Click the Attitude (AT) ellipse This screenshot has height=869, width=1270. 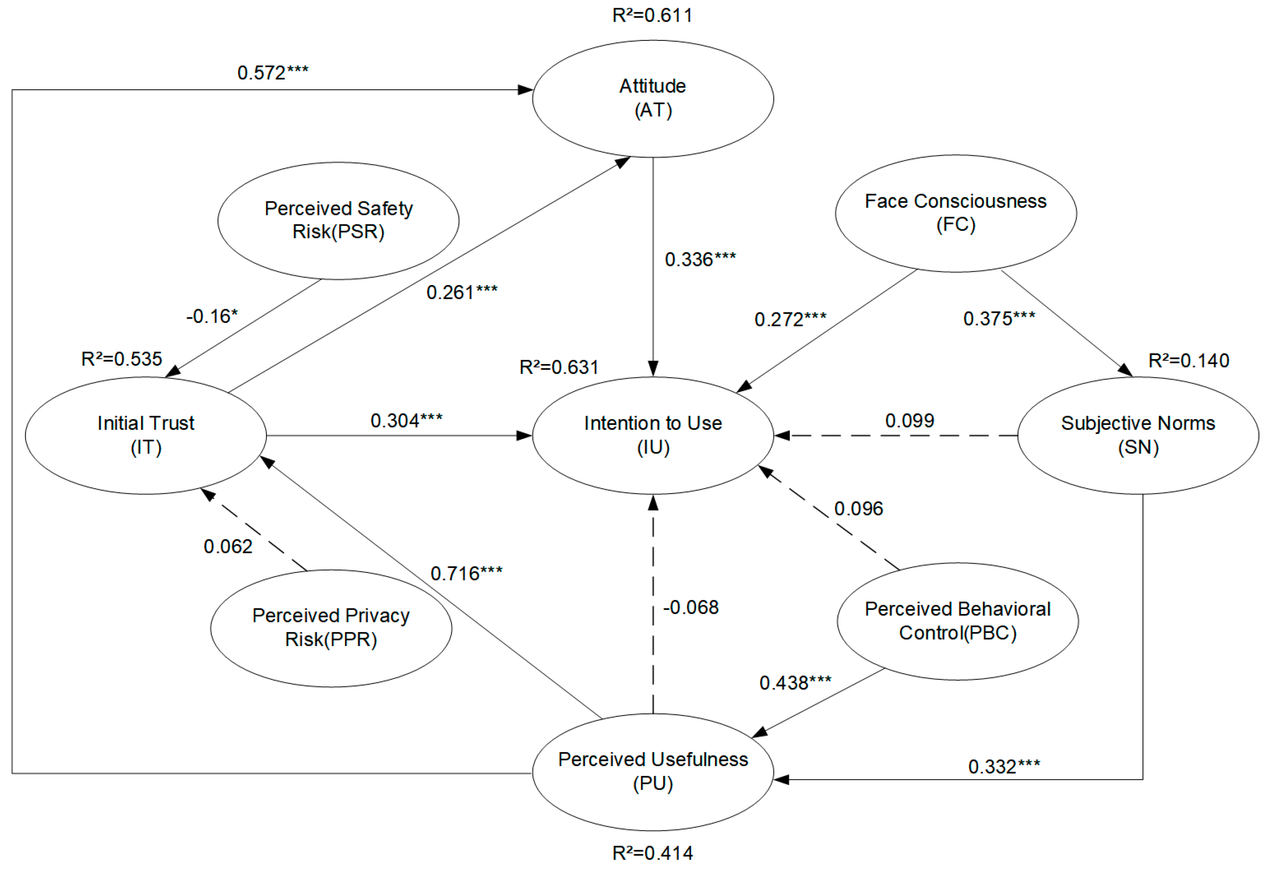click(x=653, y=98)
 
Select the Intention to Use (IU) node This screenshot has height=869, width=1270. click(x=653, y=435)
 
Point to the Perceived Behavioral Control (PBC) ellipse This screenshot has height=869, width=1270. click(x=957, y=621)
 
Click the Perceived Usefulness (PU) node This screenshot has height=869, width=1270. click(x=653, y=771)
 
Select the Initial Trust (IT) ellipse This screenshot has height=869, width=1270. click(x=146, y=435)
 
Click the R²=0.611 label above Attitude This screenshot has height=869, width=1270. click(x=653, y=15)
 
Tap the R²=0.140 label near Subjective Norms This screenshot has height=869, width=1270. click(x=1189, y=361)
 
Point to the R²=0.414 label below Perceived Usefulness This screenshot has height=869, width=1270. click(x=653, y=853)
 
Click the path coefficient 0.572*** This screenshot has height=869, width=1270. click(x=273, y=73)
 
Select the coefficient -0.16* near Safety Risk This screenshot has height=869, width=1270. click(x=212, y=316)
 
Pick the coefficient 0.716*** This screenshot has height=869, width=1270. click(x=466, y=573)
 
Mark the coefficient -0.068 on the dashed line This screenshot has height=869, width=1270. click(x=691, y=607)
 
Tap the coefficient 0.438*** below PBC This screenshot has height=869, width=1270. click(x=795, y=683)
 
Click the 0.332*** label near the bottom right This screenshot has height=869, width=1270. click(x=1004, y=766)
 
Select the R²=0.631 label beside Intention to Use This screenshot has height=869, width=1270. click(x=559, y=367)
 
